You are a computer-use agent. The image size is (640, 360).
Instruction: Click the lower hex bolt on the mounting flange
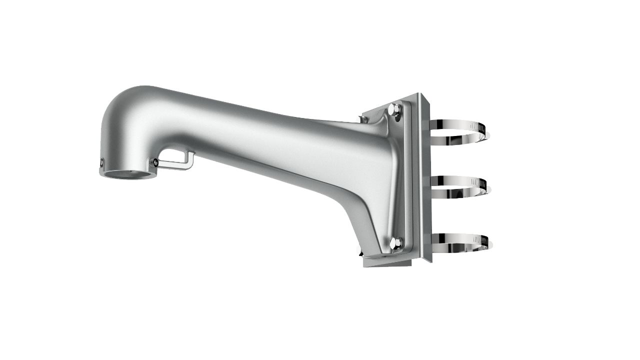click(x=394, y=243)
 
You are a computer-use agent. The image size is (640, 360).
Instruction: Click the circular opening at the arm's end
click(x=128, y=174)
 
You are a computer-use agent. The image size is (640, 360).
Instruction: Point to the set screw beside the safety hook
click(x=155, y=162)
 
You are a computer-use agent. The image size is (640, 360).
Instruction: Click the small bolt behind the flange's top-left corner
click(x=364, y=119)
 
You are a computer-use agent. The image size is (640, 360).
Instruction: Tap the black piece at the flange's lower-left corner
click(x=361, y=253)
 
